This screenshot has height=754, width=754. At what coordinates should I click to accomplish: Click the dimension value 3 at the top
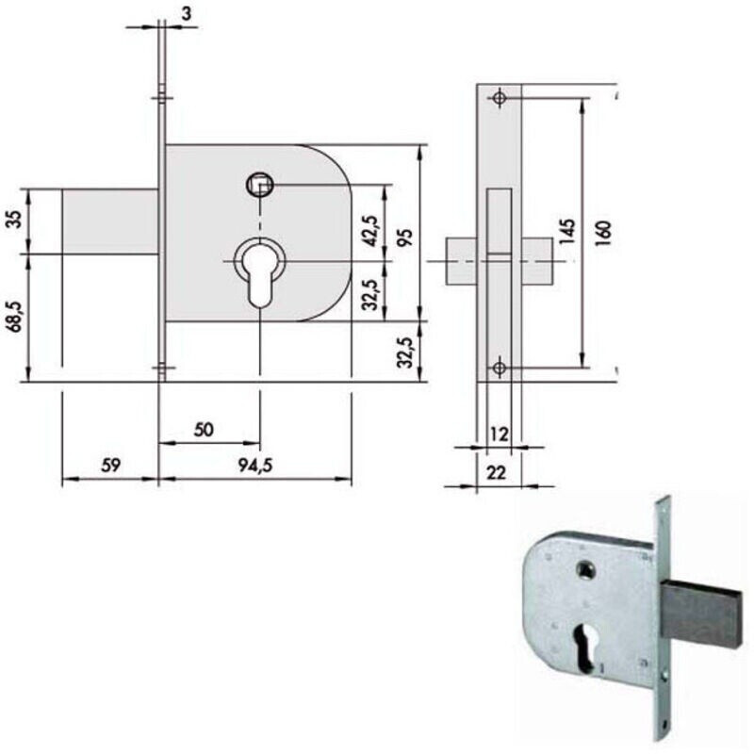[x=186, y=13]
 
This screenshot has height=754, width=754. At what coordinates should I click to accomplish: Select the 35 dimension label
[x=16, y=220]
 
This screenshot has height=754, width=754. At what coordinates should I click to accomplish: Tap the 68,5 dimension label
[x=16, y=317]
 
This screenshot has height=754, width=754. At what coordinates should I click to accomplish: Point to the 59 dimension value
[x=110, y=466]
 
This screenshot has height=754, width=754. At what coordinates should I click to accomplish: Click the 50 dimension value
[x=204, y=430]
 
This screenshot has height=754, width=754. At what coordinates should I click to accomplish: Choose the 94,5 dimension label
[x=255, y=466]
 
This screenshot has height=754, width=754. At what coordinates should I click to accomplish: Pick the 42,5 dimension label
[x=370, y=231]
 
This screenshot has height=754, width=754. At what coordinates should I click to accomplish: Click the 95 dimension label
[x=406, y=238]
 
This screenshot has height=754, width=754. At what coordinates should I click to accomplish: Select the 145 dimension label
[x=567, y=232]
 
